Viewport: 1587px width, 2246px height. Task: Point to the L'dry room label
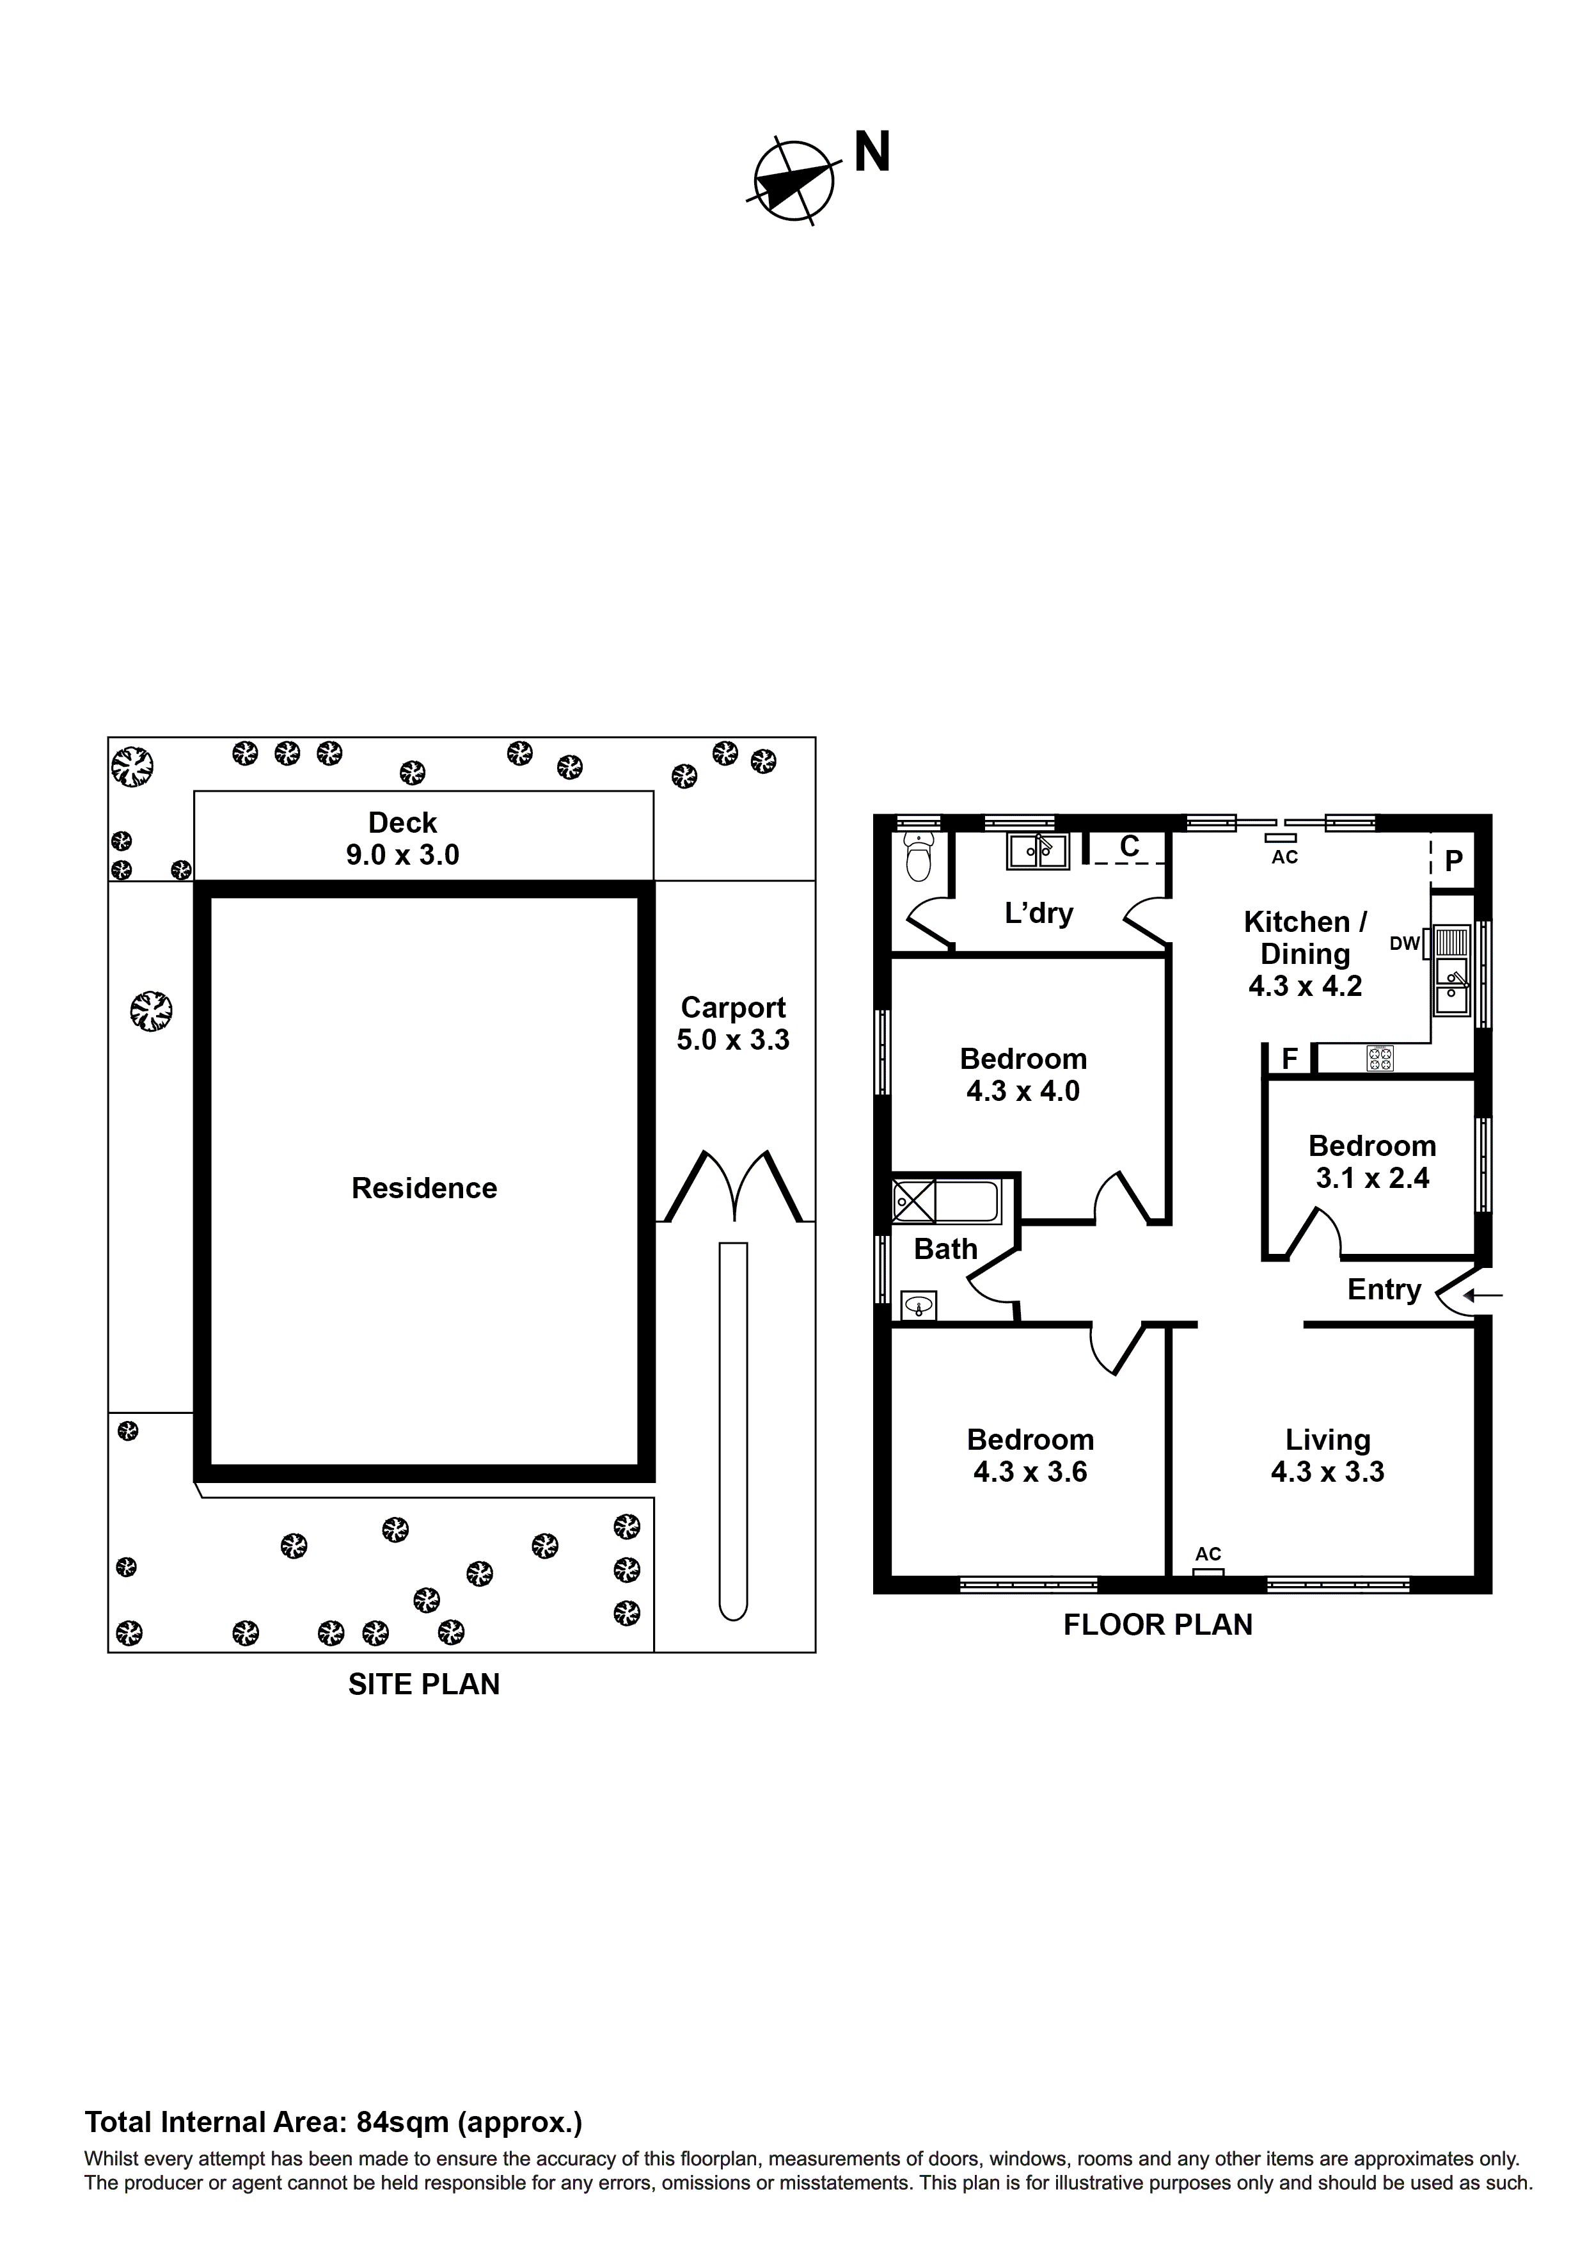tap(1038, 913)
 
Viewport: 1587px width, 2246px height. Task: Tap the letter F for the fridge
tap(1289, 1059)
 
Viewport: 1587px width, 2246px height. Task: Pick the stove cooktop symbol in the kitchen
tap(1380, 1057)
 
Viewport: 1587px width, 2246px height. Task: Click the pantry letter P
tap(1453, 861)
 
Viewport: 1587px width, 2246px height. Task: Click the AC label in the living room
tap(1208, 1553)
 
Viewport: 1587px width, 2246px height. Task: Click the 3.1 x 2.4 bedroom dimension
tap(1372, 1179)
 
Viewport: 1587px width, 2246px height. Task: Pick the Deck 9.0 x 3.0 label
tap(402, 838)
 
